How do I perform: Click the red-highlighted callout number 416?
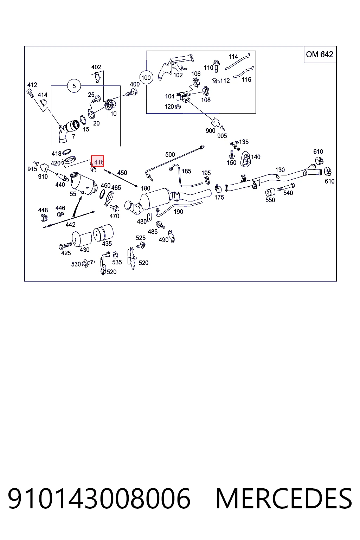tap(97, 161)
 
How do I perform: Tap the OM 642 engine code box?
tap(320, 54)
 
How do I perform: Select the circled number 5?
tap(74, 86)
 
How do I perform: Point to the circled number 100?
tap(146, 78)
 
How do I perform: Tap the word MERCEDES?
tap(284, 499)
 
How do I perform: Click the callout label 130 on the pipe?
tap(280, 170)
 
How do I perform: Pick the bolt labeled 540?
tap(286, 187)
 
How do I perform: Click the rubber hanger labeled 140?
tap(245, 159)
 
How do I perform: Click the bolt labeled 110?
tap(217, 66)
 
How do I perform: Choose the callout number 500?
tap(170, 155)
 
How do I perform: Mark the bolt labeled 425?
tap(65, 246)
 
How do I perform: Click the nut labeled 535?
tap(115, 255)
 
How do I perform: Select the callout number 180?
tap(146, 188)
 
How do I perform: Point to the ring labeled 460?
tap(102, 194)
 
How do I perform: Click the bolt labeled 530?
tap(88, 263)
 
